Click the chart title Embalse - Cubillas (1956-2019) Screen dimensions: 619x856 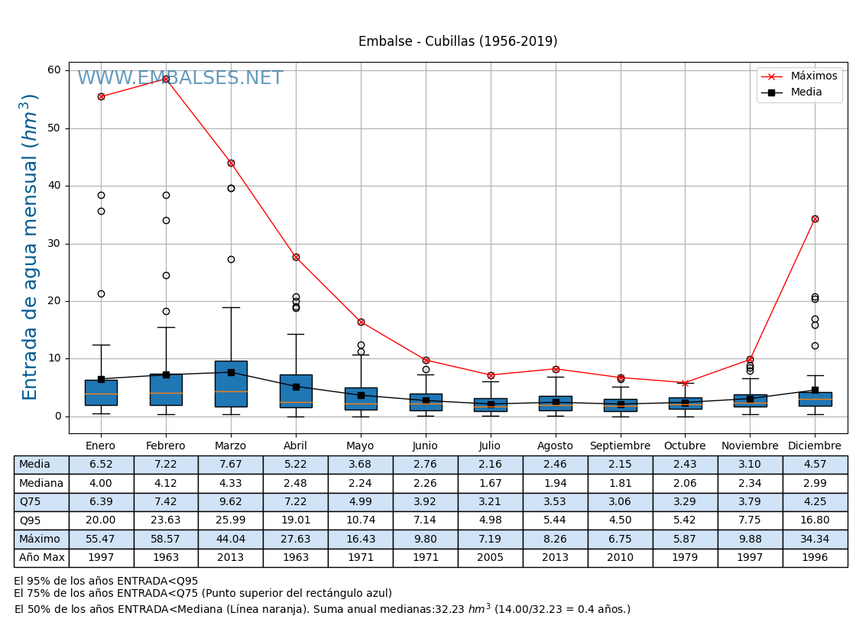point(458,42)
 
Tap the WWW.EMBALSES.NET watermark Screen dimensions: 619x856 point(180,79)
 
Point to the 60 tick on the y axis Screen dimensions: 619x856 point(54,70)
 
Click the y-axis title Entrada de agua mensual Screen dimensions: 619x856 point(30,246)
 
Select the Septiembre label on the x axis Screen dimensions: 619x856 point(620,446)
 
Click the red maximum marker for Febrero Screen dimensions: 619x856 point(166,79)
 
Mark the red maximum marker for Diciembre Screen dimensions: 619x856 point(815,219)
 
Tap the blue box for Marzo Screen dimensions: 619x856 point(231,384)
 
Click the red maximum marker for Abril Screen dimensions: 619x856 point(296,257)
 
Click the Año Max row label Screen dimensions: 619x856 point(41,558)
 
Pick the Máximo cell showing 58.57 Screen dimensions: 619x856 point(166,540)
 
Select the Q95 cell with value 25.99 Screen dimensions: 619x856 point(231,520)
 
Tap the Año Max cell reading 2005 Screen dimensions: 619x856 point(490,558)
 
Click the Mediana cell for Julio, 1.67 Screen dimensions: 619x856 point(490,484)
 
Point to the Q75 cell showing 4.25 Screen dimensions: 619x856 point(815,502)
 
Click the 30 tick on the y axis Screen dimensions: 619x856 point(54,244)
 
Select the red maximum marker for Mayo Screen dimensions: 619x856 point(361,322)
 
